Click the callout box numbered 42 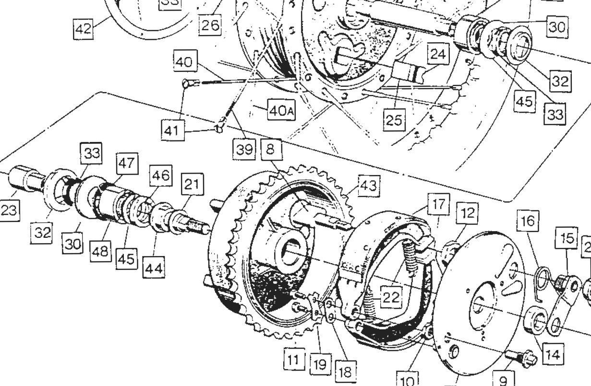(83, 29)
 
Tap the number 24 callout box (437, 55)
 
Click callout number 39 (245, 150)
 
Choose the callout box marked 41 (172, 130)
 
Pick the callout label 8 (270, 150)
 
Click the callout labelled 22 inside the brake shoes (391, 298)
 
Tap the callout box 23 (10, 211)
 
